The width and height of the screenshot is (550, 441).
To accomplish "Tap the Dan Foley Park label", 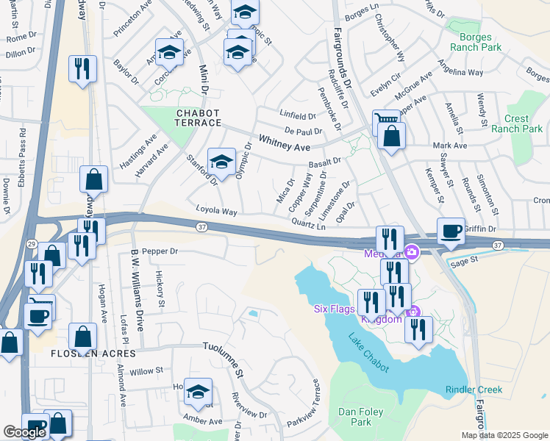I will (x=361, y=417).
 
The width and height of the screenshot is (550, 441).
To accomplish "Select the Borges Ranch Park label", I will (x=479, y=42).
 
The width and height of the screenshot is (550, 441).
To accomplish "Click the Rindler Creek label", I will (x=474, y=390).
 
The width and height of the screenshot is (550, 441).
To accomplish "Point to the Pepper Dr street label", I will (x=160, y=251).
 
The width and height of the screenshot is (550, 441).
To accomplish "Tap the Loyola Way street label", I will (x=216, y=211).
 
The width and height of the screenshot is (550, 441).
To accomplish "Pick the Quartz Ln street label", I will (x=308, y=223).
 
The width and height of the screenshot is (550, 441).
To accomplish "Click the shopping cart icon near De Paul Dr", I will (x=386, y=120).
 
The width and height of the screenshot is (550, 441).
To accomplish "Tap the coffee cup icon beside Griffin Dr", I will (x=451, y=231).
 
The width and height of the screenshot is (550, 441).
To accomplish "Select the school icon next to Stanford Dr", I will (x=221, y=163).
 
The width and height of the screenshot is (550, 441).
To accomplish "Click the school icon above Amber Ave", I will (x=198, y=392).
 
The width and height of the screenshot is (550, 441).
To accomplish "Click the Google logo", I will (x=24, y=432).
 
